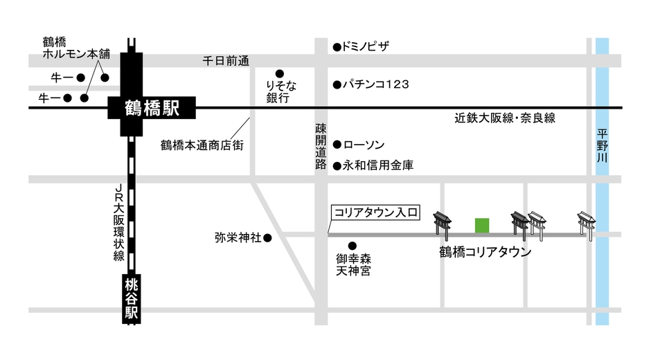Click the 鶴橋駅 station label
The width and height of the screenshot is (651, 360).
coord(152,108)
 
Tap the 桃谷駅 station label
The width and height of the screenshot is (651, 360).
coord(132,298)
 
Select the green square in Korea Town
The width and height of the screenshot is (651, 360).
coord(482,225)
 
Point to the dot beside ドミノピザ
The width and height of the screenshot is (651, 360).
coord(337,47)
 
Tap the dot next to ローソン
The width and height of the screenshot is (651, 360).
coord(337,145)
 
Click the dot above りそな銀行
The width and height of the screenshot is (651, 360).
coord(280,73)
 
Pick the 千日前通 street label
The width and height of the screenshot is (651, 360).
coord(225,61)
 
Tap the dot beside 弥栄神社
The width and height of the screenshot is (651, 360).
coord(267,238)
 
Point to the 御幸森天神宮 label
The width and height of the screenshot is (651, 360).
coord(353,264)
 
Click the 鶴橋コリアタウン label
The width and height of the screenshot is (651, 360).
coord(485,253)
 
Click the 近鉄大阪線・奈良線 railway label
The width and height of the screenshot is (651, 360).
coord(505,119)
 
